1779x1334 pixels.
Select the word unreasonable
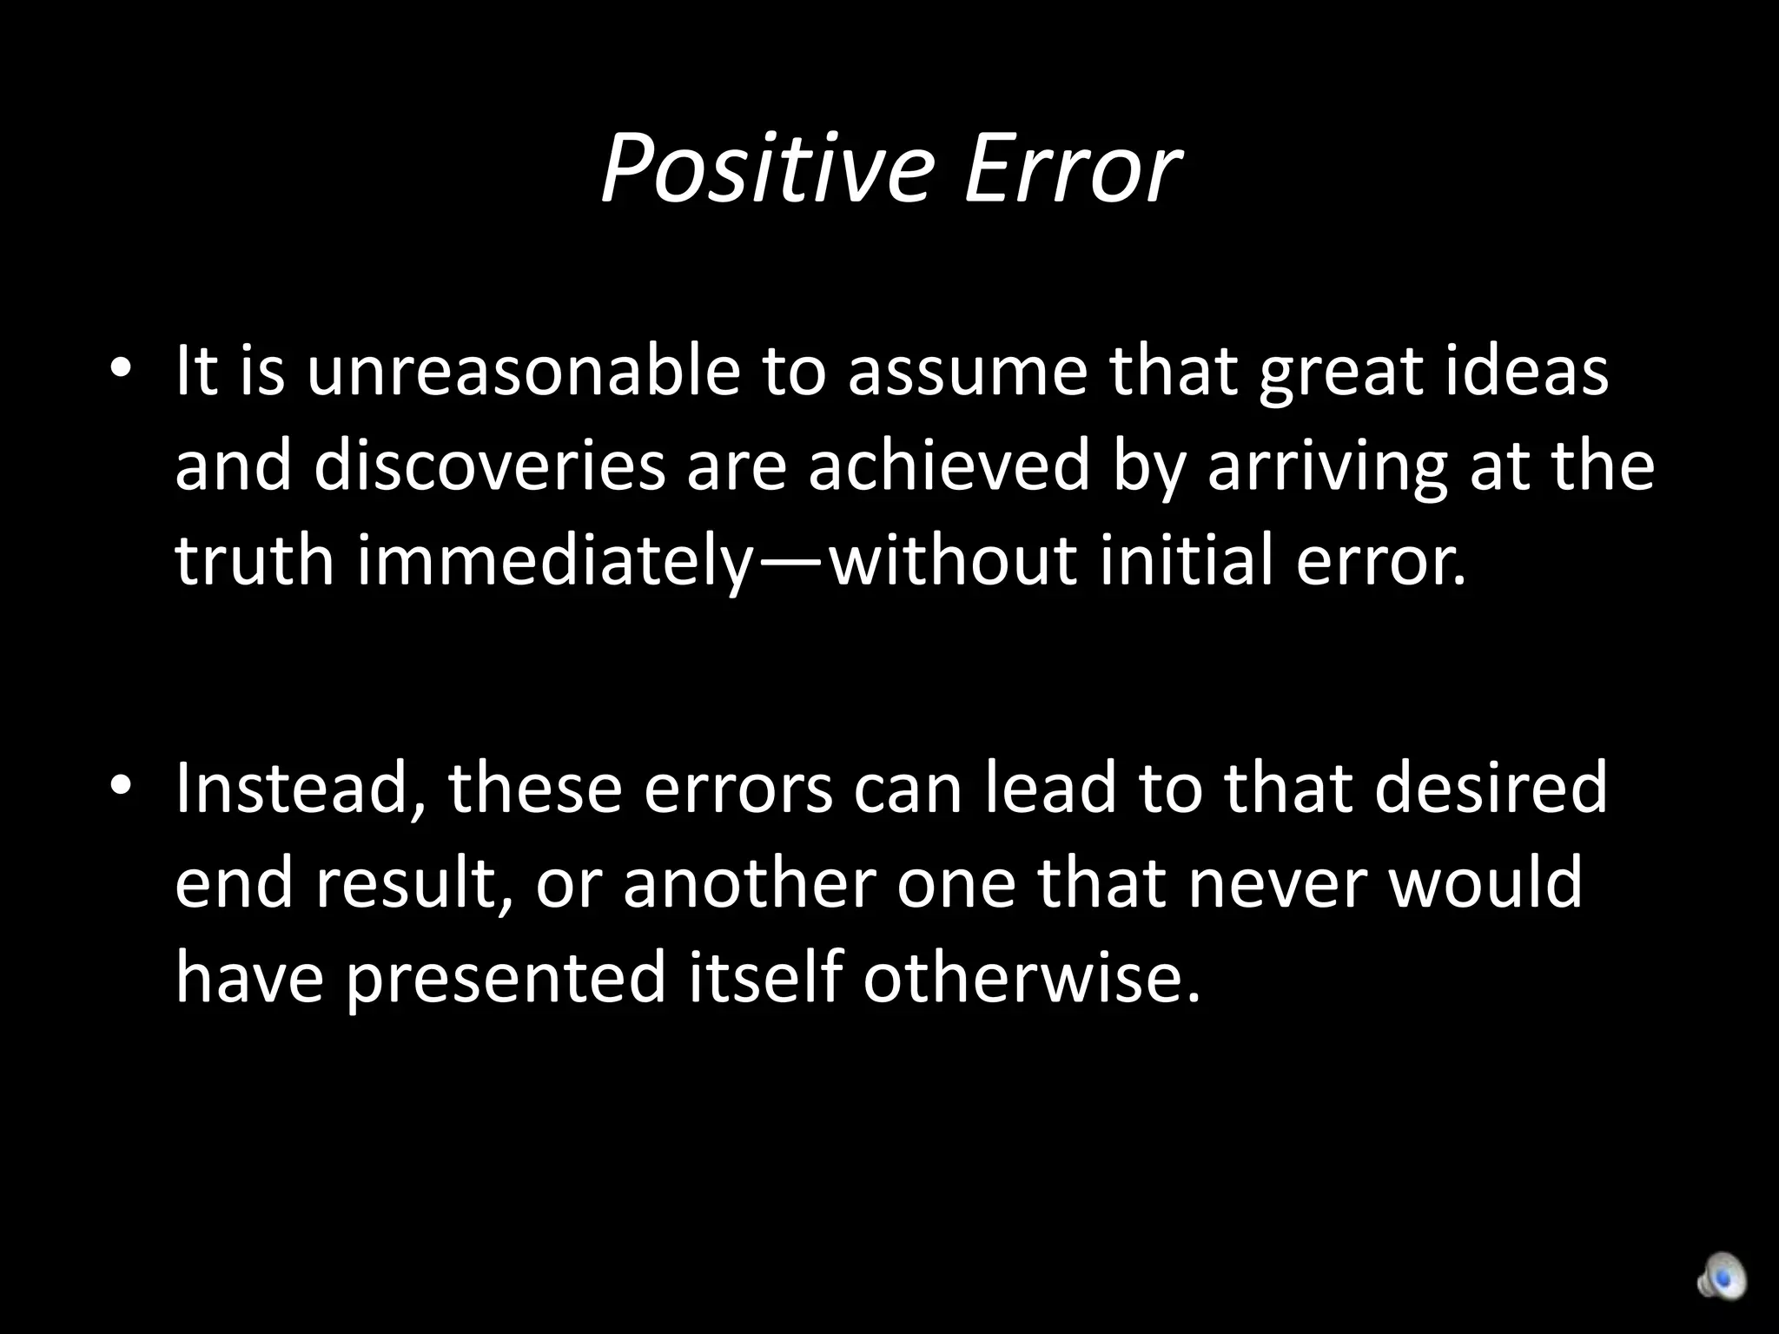(x=522, y=371)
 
